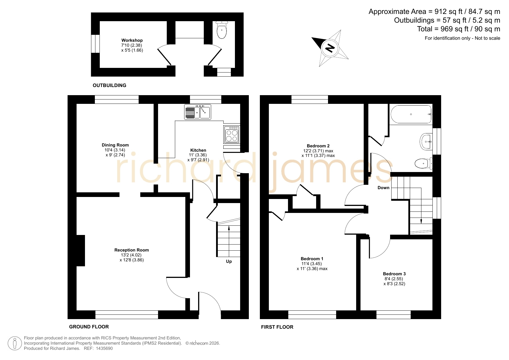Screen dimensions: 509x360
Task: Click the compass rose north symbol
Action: [x=330, y=48]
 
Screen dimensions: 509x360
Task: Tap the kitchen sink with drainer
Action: [x=198, y=112]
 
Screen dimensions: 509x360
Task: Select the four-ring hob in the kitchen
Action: [x=232, y=134]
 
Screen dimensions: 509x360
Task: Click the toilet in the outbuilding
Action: [x=222, y=30]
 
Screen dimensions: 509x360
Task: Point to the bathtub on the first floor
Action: [x=411, y=114]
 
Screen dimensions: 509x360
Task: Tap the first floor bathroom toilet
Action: [x=424, y=164]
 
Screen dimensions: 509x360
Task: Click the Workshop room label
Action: [x=132, y=40]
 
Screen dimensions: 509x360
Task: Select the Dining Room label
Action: [x=115, y=145]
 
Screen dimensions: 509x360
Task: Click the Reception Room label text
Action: [x=132, y=250]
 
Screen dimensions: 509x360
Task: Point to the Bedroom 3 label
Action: [x=394, y=274]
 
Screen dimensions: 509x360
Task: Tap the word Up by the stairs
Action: [x=229, y=261]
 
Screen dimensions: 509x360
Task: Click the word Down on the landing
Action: [x=383, y=188]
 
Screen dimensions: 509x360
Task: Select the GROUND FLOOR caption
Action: [x=89, y=327]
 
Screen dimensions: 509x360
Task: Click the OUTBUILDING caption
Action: [x=110, y=85]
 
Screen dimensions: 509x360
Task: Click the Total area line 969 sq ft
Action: [x=459, y=29]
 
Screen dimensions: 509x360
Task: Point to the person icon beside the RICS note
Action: [x=15, y=343]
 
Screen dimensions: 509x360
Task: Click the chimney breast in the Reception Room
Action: [x=81, y=251]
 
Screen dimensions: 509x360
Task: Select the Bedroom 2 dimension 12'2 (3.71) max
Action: [x=318, y=151]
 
